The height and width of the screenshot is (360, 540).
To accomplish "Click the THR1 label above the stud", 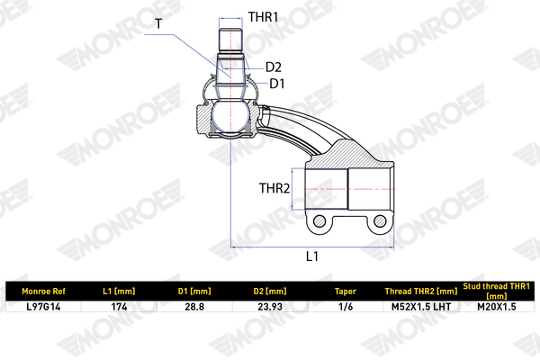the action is [x=263, y=17].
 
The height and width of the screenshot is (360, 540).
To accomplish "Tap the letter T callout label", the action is [x=158, y=23].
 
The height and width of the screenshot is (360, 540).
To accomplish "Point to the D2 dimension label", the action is [x=274, y=67].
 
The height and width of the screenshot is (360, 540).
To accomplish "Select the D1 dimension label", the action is [x=277, y=84].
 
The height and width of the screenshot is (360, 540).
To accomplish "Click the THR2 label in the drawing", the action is [x=274, y=188].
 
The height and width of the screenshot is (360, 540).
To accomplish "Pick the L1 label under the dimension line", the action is [x=312, y=256].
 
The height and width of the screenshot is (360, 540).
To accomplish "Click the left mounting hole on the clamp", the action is [x=319, y=220].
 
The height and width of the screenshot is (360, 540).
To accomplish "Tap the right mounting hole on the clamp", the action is [x=380, y=220].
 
